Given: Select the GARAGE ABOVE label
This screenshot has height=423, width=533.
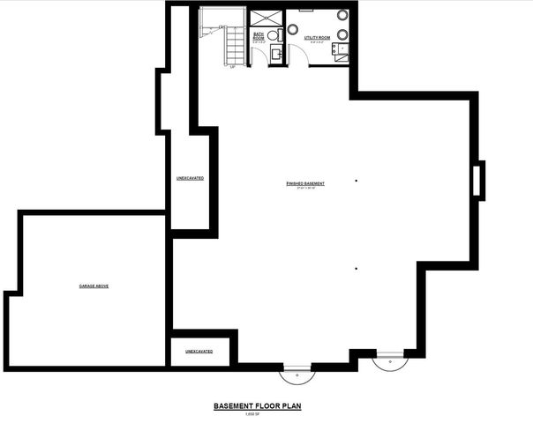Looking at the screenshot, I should (x=94, y=286).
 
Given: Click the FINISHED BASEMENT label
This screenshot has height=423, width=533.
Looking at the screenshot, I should (x=305, y=183).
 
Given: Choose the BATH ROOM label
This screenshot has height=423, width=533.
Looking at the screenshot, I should (x=259, y=38).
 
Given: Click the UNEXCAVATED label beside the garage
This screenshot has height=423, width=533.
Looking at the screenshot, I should (x=190, y=178).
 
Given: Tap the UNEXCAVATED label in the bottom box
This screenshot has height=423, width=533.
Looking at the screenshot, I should (x=199, y=351).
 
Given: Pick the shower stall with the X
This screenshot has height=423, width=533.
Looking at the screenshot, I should (x=265, y=18).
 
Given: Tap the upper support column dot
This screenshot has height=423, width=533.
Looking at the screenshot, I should (x=357, y=181).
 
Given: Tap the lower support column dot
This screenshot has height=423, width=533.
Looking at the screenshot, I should (x=357, y=268).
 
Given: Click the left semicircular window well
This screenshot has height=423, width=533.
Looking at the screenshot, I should (x=298, y=373).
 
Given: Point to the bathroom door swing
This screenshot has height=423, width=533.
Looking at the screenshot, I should (x=255, y=56).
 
